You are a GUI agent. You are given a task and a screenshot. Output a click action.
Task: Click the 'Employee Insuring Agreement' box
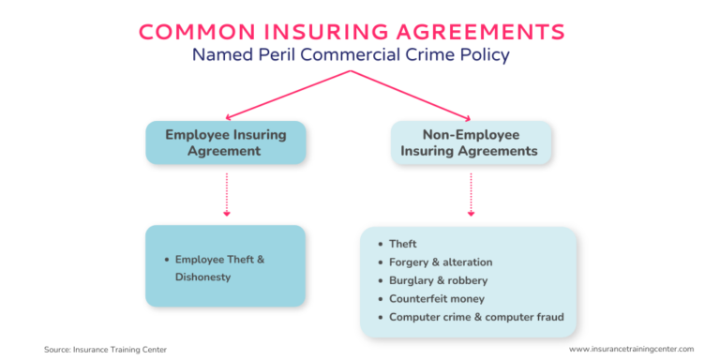[x=225, y=142]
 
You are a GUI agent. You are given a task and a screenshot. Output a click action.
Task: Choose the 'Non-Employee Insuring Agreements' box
[x=471, y=142]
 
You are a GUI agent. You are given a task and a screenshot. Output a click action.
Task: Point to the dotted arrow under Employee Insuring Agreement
[x=225, y=194]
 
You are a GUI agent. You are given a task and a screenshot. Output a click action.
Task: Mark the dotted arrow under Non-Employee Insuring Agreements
[x=471, y=194]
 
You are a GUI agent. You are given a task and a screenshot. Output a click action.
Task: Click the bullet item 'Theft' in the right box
[x=403, y=244]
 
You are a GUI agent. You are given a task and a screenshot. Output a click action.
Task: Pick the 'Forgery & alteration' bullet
[x=441, y=262]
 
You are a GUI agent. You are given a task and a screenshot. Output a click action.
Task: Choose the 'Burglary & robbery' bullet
[x=438, y=279]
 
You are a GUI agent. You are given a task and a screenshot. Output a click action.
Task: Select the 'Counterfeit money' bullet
[x=435, y=298]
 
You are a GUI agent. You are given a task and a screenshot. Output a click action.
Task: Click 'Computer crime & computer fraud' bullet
[x=476, y=316]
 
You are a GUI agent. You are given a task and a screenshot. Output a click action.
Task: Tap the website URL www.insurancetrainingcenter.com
[x=631, y=349]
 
